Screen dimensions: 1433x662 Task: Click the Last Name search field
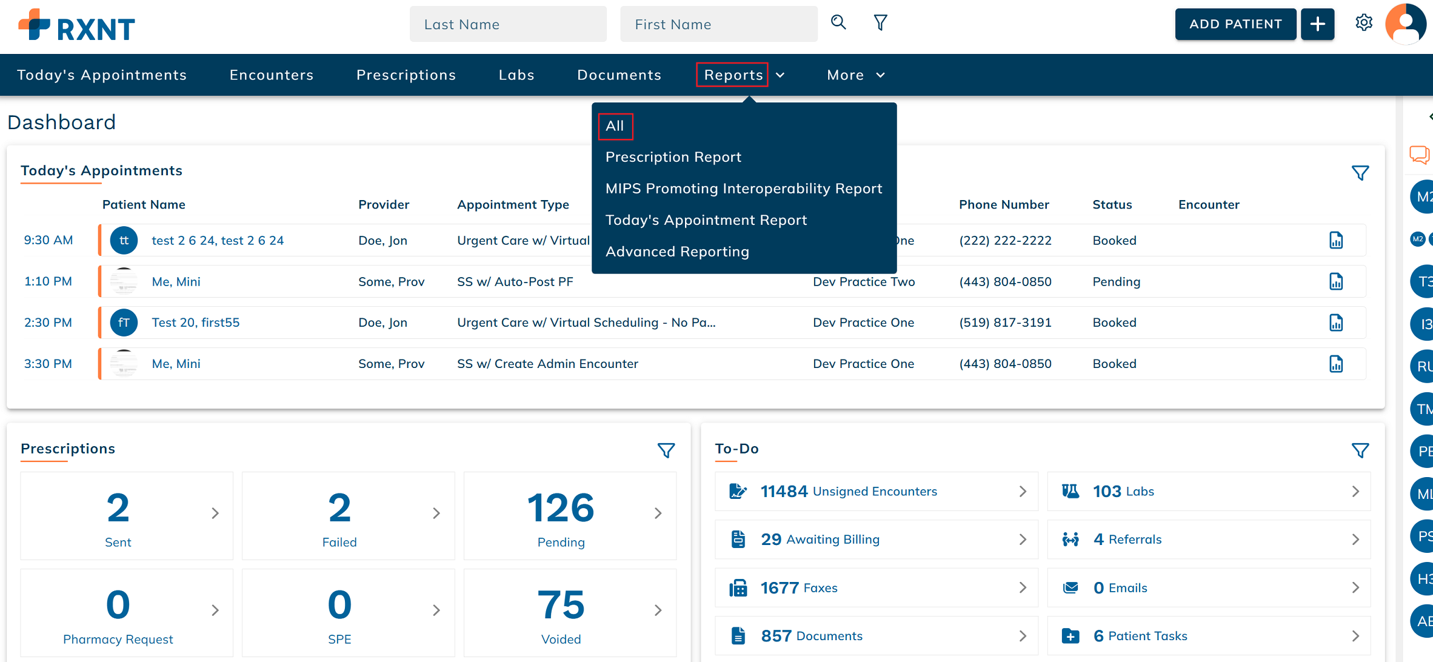pos(508,24)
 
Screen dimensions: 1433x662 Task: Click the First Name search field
pos(718,24)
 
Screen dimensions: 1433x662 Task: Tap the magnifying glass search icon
pos(838,23)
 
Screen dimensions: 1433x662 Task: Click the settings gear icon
pos(1364,23)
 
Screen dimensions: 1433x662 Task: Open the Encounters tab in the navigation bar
pos(272,75)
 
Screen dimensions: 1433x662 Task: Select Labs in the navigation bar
pos(516,75)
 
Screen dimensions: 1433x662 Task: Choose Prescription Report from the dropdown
pos(673,157)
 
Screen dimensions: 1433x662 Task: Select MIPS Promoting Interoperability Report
pos(744,189)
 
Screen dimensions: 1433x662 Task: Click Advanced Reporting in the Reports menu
pos(677,252)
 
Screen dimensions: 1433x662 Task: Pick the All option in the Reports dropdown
pos(615,126)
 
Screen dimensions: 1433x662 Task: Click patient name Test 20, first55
pos(195,323)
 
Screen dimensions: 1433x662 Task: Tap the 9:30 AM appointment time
pos(48,240)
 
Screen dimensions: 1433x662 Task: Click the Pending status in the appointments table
pos(1117,281)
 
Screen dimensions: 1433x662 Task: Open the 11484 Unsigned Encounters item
pos(877,491)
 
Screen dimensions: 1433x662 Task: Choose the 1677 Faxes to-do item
pos(877,587)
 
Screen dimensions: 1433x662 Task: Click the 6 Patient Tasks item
pos(1209,636)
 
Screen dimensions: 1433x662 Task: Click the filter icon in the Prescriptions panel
pos(666,450)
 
